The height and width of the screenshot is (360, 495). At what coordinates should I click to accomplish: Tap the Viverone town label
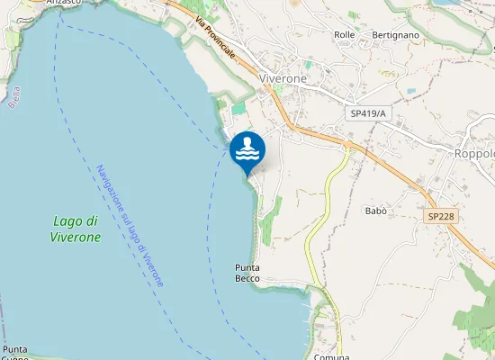pyautogui.click(x=283, y=78)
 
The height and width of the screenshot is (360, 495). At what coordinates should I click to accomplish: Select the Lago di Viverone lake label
pyautogui.click(x=76, y=229)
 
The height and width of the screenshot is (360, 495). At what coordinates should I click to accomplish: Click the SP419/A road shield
pyautogui.click(x=369, y=114)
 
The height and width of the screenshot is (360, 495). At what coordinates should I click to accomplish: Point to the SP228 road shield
pyautogui.click(x=439, y=217)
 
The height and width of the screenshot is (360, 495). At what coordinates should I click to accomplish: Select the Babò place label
pyautogui.click(x=376, y=211)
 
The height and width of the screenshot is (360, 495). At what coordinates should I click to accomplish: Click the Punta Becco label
pyautogui.click(x=247, y=273)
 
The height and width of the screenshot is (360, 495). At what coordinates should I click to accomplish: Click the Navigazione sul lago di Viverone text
pyautogui.click(x=130, y=225)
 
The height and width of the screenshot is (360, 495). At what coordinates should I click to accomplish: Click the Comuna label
pyautogui.click(x=331, y=356)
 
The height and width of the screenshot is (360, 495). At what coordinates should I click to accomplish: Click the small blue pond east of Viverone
pyautogui.click(x=411, y=92)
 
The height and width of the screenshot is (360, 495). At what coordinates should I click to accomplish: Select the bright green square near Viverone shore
pyautogui.click(x=238, y=109)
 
